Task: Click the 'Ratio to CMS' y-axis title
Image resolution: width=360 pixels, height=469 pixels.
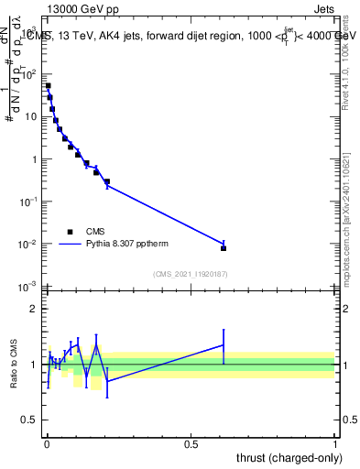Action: (16, 364)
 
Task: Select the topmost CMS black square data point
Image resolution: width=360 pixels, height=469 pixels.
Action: (48, 86)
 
